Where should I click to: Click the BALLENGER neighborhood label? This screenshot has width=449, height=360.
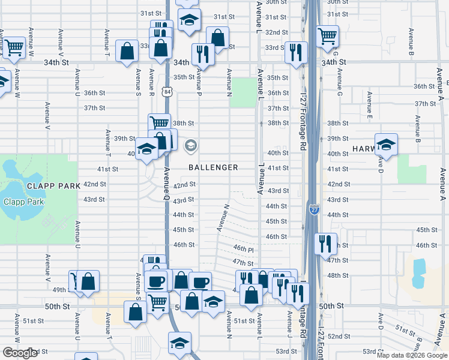point(213,167)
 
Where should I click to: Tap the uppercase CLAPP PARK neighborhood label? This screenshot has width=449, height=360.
point(53,186)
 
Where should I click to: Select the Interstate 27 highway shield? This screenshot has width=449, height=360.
point(315,209)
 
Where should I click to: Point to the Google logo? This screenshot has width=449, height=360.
point(20,353)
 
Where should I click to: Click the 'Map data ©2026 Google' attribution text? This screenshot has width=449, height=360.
point(412,355)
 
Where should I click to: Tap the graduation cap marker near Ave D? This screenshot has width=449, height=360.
point(386,145)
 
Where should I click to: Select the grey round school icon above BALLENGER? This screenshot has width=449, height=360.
point(191,145)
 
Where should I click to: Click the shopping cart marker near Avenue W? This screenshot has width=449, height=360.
point(14,47)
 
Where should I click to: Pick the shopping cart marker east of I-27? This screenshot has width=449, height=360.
point(327,36)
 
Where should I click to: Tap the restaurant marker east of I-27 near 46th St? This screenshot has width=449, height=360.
point(326,244)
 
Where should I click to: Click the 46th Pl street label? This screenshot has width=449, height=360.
point(240,248)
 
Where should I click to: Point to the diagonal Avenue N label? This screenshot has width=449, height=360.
point(223,218)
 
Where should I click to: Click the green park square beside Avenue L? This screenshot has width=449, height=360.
point(243,92)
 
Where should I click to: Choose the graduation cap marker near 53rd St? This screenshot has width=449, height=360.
point(179,343)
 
